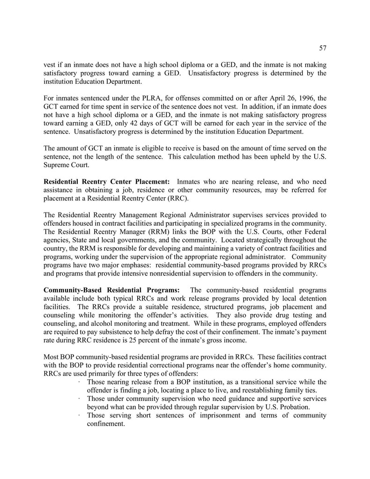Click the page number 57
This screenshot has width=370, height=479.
pos(322,48)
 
